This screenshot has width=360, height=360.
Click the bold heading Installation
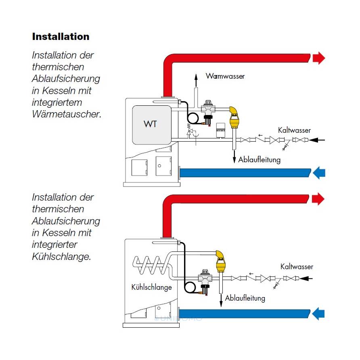pos(61,37)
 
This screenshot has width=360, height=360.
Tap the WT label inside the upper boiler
pos(150,124)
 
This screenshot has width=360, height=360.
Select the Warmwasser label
pos(225,76)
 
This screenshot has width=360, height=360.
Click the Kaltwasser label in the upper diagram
pos(294,130)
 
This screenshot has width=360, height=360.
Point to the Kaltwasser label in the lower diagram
pos(297,267)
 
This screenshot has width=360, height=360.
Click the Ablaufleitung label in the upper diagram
pos(259,160)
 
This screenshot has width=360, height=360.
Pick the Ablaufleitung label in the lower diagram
pos(245,298)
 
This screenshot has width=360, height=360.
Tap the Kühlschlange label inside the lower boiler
pos(152,287)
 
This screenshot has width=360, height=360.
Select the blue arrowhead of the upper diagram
pos(319,173)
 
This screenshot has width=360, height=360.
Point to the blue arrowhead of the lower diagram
pos(319,313)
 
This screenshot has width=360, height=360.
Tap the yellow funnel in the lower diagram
pos(221,266)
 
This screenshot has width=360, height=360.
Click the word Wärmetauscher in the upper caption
pos(66,114)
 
